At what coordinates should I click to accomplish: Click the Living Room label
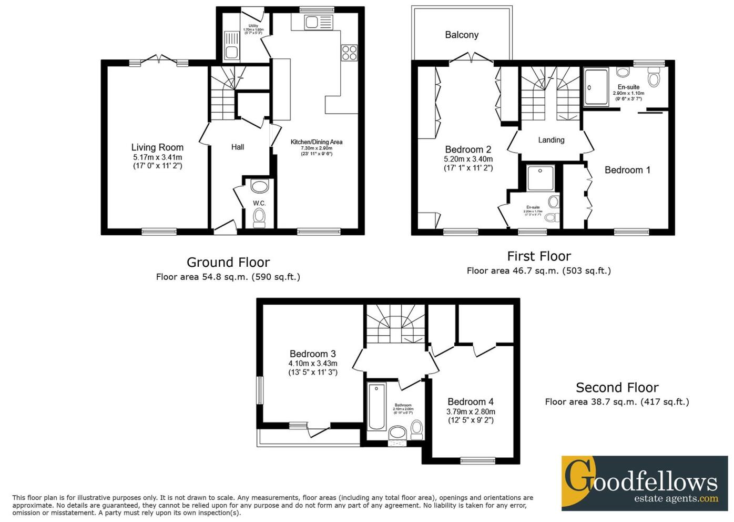point(157,147)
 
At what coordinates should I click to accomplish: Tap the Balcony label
point(462,35)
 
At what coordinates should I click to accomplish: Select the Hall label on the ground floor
point(238,147)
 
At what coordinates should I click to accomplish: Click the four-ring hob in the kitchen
point(349,53)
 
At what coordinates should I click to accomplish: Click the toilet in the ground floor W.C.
point(259,216)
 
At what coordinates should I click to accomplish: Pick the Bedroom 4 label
point(471,401)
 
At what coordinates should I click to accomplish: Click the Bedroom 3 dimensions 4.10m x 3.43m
point(313,363)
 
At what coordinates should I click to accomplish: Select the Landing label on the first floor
point(551,140)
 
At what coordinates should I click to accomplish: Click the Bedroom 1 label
point(627,170)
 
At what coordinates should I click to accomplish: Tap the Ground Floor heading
point(228,262)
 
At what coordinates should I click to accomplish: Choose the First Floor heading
point(539,256)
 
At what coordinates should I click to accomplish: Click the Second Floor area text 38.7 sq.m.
point(617,402)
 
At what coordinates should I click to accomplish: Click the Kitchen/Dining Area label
point(317,142)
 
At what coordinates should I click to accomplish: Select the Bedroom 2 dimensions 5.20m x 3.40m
point(468,159)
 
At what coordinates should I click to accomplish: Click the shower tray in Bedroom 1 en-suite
point(597,87)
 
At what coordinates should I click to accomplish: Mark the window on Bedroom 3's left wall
point(260,390)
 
